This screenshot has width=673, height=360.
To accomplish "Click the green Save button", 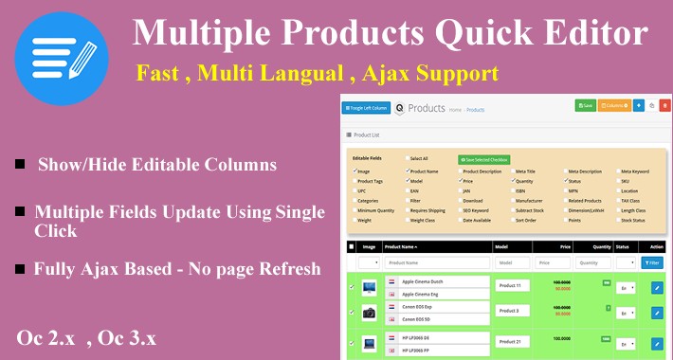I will coord(585,105).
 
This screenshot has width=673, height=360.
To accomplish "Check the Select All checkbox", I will coord(408,159).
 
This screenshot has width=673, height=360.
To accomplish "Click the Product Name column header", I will coord(402,246).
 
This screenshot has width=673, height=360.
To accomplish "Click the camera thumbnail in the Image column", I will coord(368,311).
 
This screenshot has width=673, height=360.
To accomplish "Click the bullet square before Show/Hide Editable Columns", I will coord(20,165).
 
